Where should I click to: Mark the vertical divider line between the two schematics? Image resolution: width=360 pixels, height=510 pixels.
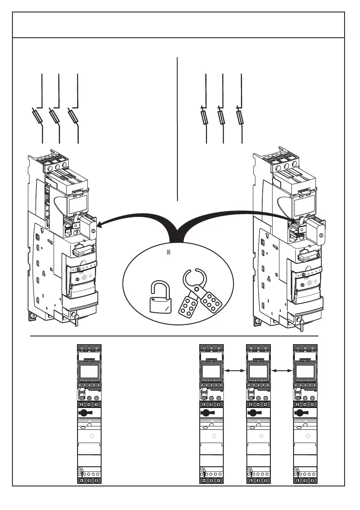coord(177,129)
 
